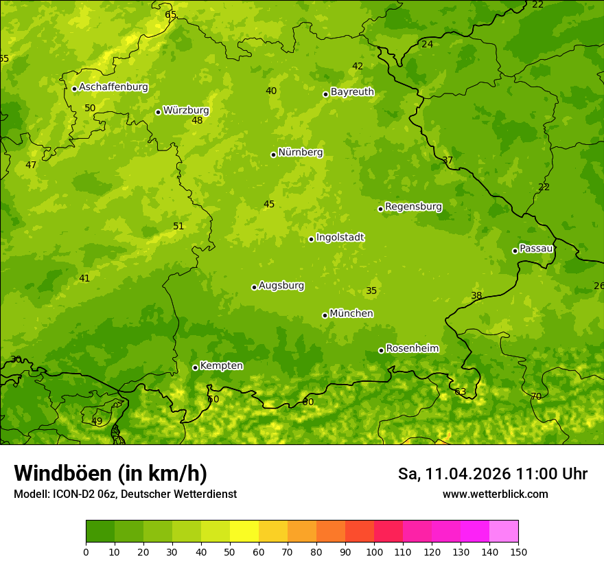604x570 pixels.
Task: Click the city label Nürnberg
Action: pyautogui.click(x=300, y=152)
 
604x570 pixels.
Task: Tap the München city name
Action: pyautogui.click(x=351, y=314)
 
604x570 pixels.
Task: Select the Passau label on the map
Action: pyautogui.click(x=535, y=249)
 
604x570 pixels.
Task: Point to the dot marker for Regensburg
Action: pyautogui.click(x=380, y=209)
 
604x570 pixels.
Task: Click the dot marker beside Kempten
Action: pyautogui.click(x=195, y=367)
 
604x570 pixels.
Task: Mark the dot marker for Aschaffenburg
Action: pyautogui.click(x=74, y=89)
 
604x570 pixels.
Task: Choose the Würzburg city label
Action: pyautogui.click(x=185, y=111)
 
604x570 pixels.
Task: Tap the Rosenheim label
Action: pyautogui.click(x=412, y=349)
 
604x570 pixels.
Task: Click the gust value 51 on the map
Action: pyautogui.click(x=178, y=227)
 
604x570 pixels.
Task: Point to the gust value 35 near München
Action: pyautogui.click(x=371, y=291)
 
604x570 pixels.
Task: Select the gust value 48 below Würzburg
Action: pyautogui.click(x=197, y=121)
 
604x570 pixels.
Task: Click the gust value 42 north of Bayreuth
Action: pyautogui.click(x=358, y=67)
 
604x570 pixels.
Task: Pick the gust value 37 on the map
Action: pyautogui.click(x=448, y=161)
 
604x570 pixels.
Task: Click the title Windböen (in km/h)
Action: pyautogui.click(x=111, y=473)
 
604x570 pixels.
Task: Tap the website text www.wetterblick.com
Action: pyautogui.click(x=495, y=494)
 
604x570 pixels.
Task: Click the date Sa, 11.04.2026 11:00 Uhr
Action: pyautogui.click(x=492, y=474)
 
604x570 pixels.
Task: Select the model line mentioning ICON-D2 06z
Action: pyautogui.click(x=125, y=494)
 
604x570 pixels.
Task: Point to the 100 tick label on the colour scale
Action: pyautogui.click(x=374, y=551)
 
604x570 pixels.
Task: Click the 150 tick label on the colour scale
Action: pyautogui.click(x=518, y=551)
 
